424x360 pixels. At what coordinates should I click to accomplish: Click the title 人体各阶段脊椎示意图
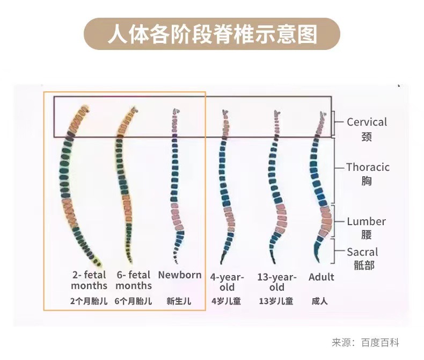tap(212, 34)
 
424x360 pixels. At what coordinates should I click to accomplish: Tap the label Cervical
tap(367, 122)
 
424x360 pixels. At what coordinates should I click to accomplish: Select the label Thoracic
tap(368, 167)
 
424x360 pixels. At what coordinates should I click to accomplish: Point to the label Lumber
tap(366, 221)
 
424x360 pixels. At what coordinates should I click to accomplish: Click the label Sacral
tap(362, 252)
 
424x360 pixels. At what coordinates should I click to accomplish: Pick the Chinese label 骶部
tap(363, 266)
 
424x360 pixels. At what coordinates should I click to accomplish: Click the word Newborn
tap(180, 275)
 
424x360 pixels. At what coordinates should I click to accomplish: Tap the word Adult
tap(321, 277)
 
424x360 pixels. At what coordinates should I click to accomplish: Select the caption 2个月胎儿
tap(89, 301)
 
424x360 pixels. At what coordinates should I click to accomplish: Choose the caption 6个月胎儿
tap(133, 301)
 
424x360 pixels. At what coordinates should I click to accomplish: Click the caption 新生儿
tap(179, 301)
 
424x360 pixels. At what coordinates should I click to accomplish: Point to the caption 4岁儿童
tap(226, 301)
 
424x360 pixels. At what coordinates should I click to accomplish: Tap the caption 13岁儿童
tap(276, 301)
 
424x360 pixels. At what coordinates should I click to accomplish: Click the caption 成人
tap(320, 301)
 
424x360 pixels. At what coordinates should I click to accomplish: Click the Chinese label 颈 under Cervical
tap(367, 136)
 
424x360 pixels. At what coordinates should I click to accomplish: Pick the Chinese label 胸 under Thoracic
tap(367, 181)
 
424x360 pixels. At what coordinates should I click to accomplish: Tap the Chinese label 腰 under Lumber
tap(367, 235)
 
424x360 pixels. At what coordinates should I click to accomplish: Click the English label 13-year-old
tap(276, 282)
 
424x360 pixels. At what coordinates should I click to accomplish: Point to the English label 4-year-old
tap(227, 282)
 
